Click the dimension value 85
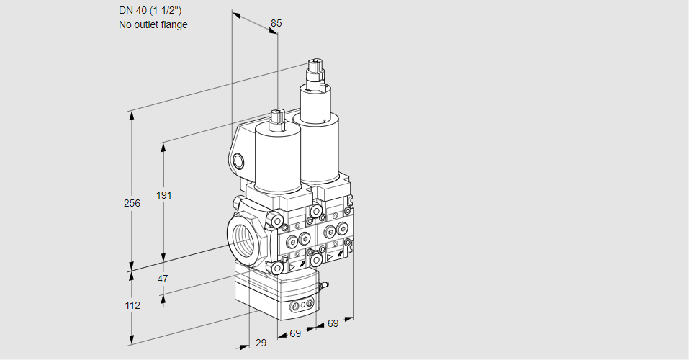coord(276,23)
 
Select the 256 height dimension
coord(132,203)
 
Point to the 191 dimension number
coord(166,195)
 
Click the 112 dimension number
coord(132,305)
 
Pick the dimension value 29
coord(261,343)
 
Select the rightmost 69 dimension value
coord(333,324)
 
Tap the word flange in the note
coord(174,25)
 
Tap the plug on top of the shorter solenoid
coord(277,117)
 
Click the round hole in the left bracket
coord(240,160)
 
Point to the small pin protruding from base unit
coord(324,287)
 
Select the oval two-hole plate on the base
coord(299,307)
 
